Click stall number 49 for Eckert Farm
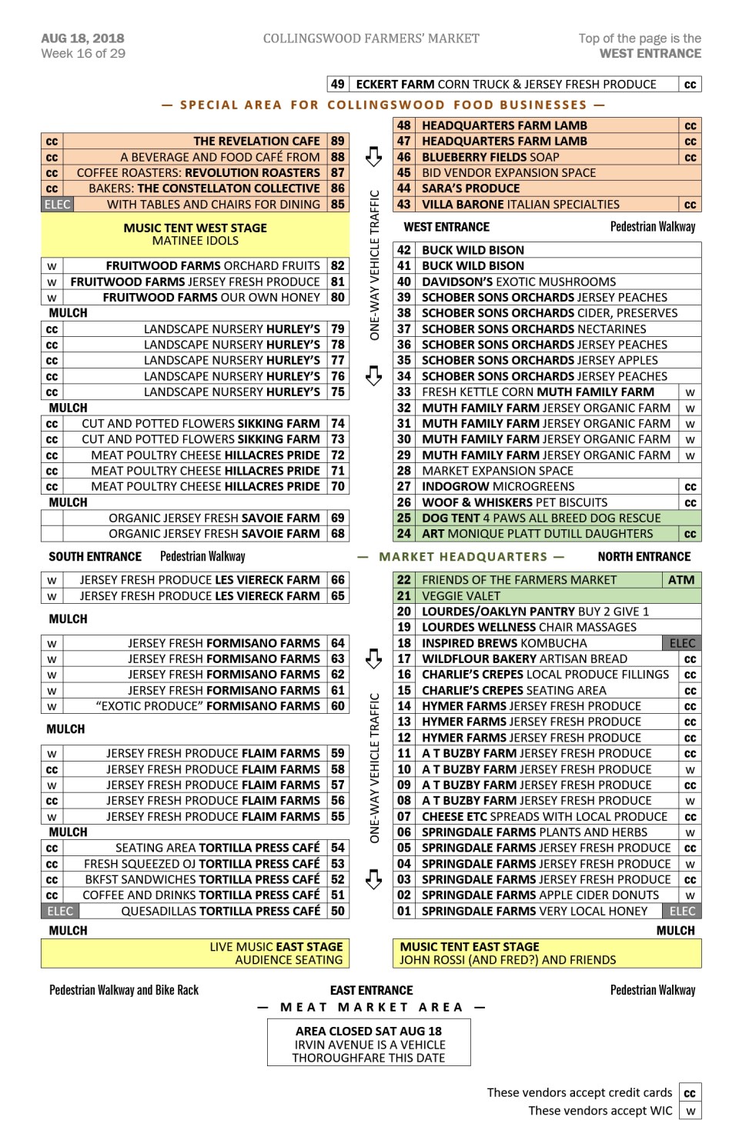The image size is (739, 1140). [x=337, y=85]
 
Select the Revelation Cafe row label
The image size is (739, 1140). [x=256, y=142]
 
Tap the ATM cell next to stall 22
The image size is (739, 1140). [x=680, y=580]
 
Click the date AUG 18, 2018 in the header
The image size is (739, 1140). [x=82, y=38]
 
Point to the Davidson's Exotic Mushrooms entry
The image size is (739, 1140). [x=518, y=282]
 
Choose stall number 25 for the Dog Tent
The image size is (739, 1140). [x=403, y=518]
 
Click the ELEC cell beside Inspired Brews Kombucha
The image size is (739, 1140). [x=682, y=643]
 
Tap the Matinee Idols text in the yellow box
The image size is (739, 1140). [x=195, y=241]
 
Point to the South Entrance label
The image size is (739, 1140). [x=95, y=557]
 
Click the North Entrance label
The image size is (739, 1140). [x=644, y=557]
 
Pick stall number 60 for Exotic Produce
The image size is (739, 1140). [x=337, y=706]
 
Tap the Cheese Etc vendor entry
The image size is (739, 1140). [x=543, y=817]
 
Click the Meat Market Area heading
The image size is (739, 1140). [x=372, y=1008]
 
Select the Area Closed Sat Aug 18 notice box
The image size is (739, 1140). [x=369, y=1044]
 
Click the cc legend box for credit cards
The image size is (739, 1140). [x=690, y=1093]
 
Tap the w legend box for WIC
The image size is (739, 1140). [x=690, y=1112]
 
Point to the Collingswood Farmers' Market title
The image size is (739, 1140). [x=371, y=38]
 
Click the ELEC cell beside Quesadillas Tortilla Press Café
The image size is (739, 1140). [x=60, y=912]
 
